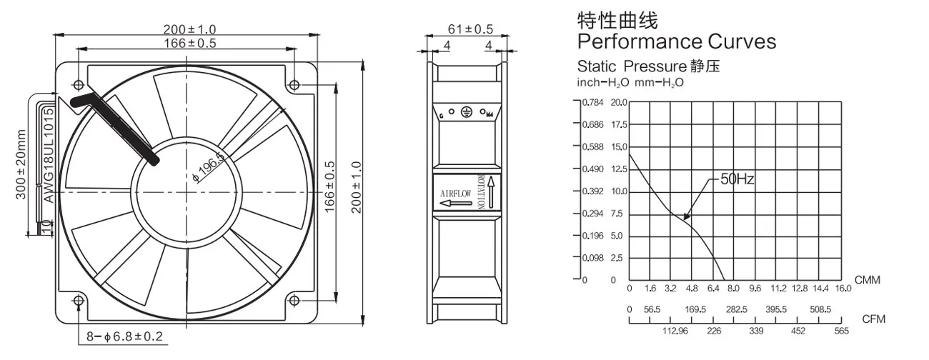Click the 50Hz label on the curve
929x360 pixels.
click(x=737, y=180)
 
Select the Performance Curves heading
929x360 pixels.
click(x=676, y=41)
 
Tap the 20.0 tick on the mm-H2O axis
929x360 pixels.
click(x=618, y=102)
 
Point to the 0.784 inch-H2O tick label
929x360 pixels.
click(x=593, y=102)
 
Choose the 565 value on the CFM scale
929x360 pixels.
click(x=842, y=331)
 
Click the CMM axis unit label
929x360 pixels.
click(x=868, y=280)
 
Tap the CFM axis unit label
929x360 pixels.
click(x=873, y=319)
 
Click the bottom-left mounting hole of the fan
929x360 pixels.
click(x=78, y=300)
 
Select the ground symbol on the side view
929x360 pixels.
click(x=465, y=112)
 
